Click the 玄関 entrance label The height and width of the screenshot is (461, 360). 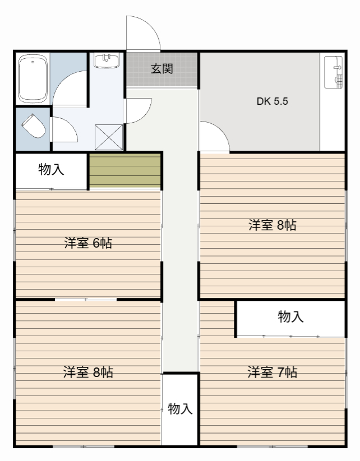point(161,69)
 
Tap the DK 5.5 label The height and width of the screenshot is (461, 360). point(273,102)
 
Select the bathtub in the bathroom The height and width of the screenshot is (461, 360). point(31,78)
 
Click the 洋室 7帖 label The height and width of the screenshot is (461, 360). point(273,372)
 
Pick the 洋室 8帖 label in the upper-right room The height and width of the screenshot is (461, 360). point(273,225)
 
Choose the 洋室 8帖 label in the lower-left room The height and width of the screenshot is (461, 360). point(88,372)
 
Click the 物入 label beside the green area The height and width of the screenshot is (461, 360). point(51,170)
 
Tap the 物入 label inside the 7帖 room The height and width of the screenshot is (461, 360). point(290,317)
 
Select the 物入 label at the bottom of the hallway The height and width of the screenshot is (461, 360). point(180,409)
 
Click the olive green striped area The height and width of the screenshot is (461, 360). point(125,170)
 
